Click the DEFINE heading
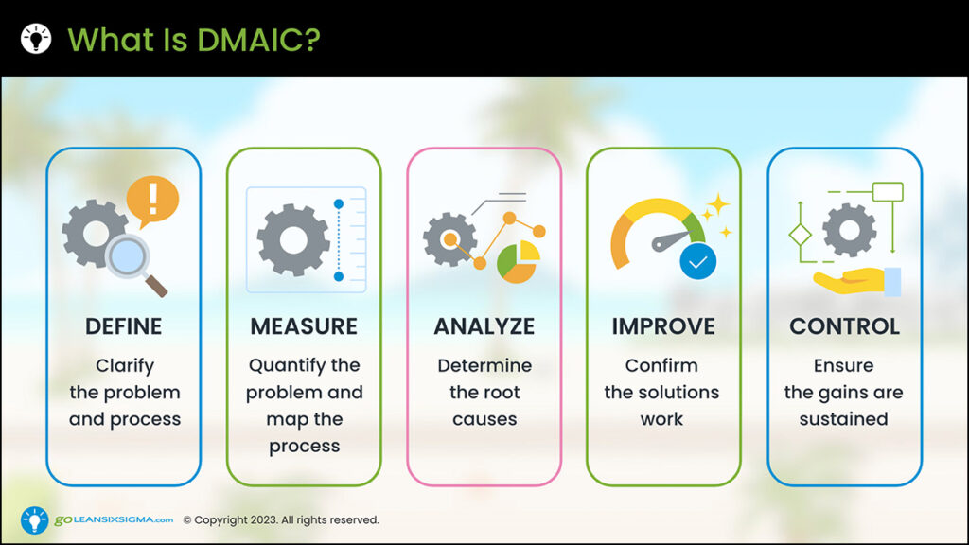[124, 326]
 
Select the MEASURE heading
[304, 326]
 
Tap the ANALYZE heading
[484, 326]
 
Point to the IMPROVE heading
[663, 326]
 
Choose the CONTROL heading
[844, 326]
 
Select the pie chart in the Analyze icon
[519, 262]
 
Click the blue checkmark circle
[698, 261]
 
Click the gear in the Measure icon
[293, 239]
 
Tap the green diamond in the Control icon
[801, 235]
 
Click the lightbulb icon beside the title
[36, 38]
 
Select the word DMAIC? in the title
[259, 40]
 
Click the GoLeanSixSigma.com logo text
[114, 519]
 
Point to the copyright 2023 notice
[281, 519]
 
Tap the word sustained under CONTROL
[843, 419]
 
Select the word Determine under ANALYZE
[484, 365]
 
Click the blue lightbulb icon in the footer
[35, 520]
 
